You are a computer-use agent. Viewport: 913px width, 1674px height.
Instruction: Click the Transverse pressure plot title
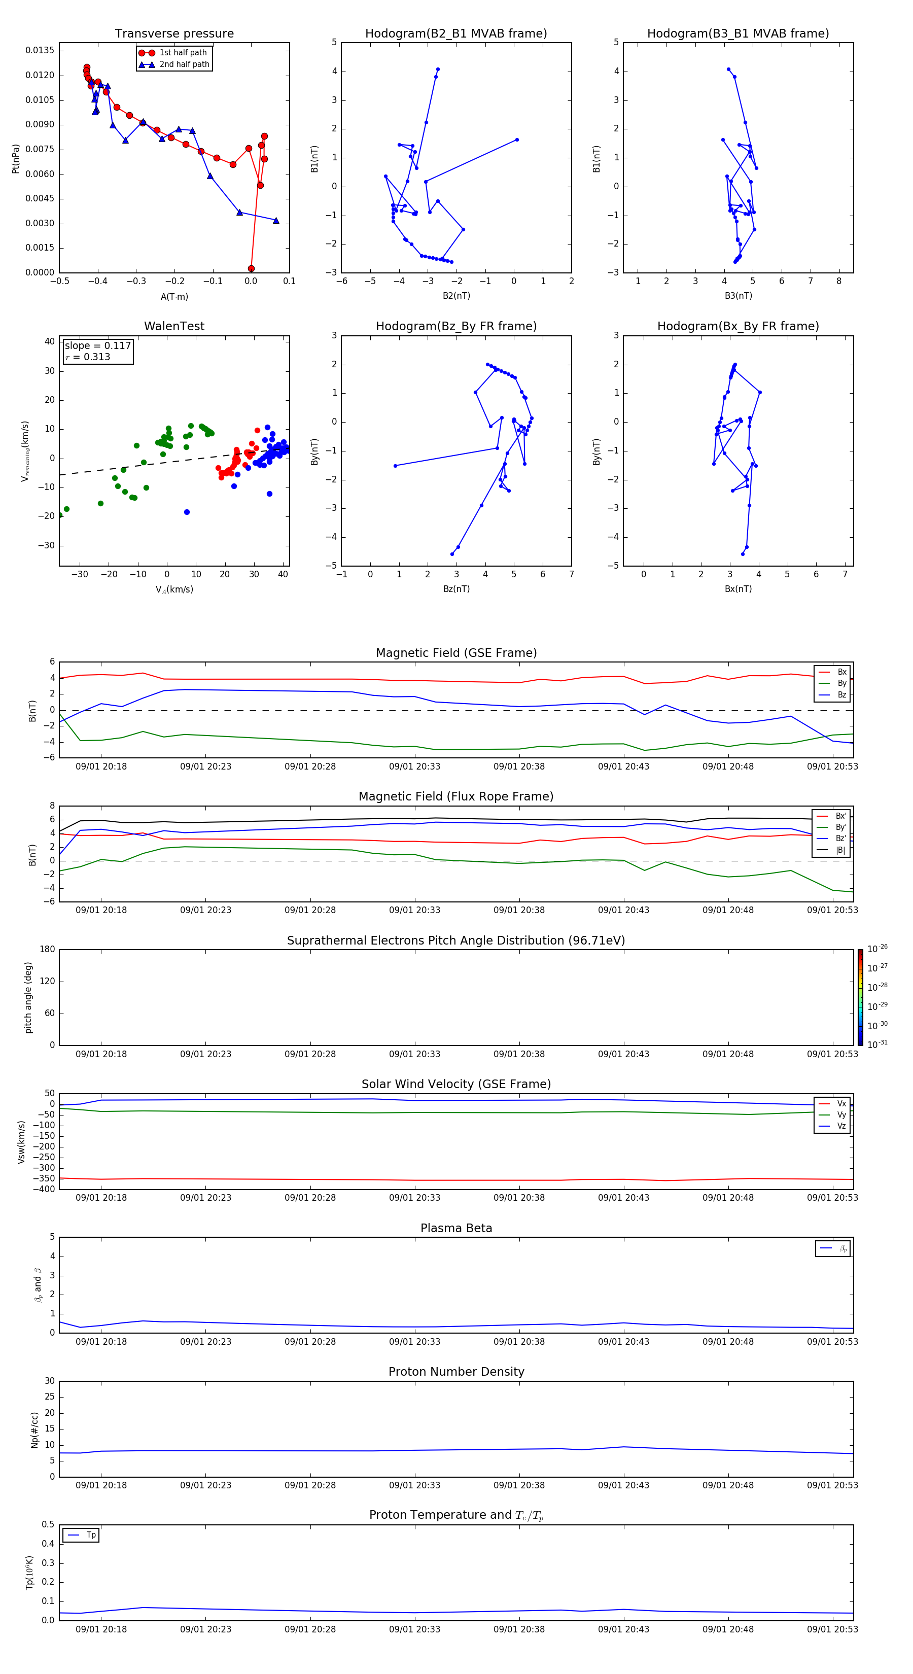pos(174,34)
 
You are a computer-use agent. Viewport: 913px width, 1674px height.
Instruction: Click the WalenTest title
pos(174,326)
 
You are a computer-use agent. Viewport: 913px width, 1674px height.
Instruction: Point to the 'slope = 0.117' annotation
pos(97,346)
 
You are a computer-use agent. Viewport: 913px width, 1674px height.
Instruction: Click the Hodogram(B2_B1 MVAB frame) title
pos(455,34)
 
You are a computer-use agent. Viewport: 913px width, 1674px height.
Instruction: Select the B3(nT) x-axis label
pos(738,296)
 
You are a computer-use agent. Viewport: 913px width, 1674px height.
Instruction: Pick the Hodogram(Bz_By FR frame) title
pos(455,326)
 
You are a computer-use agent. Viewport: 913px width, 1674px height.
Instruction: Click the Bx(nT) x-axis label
pos(738,589)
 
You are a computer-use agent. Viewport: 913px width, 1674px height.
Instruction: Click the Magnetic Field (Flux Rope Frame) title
pos(455,797)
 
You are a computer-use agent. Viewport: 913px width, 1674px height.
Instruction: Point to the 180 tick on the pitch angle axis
pos(48,950)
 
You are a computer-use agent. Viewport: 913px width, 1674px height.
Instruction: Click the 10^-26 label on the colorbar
pos(877,949)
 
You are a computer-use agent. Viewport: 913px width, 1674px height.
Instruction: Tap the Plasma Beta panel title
pos(455,1228)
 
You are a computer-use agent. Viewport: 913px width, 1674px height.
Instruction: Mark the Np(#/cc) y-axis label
pos(35,1429)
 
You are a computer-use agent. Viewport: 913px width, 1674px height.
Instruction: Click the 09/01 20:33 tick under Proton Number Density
pos(414,1485)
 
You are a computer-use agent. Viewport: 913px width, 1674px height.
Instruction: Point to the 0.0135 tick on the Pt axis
pos(40,51)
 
